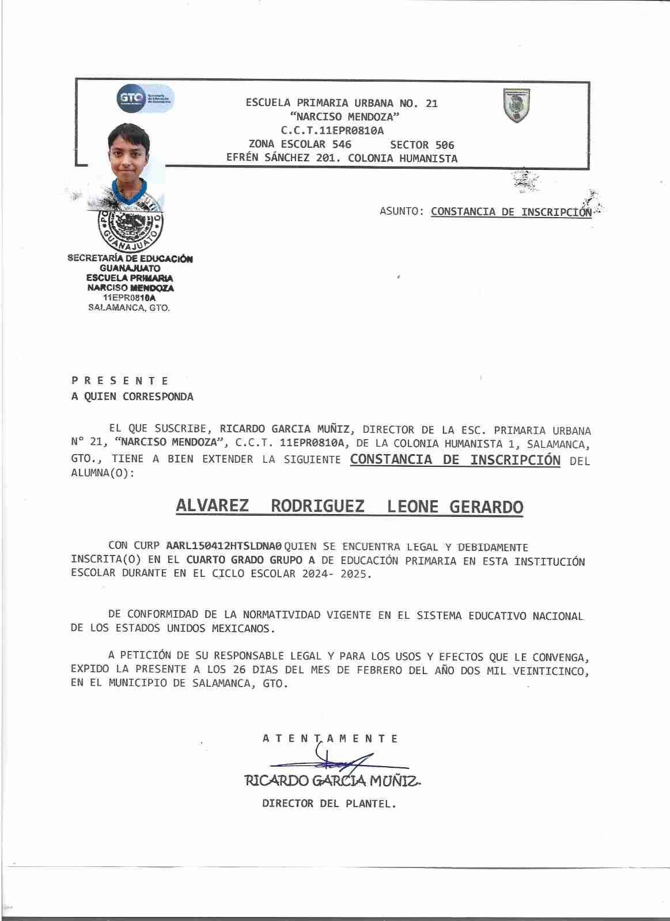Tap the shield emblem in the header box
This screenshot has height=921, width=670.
pos(517,105)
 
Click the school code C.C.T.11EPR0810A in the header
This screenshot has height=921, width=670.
pos(332,131)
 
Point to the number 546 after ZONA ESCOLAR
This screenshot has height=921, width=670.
pos(342,144)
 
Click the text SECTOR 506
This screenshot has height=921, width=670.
pos(422,145)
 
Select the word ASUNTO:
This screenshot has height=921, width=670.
pos(402,211)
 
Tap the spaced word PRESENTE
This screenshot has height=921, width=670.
pos(120,380)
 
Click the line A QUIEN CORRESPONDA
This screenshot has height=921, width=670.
pos(133,397)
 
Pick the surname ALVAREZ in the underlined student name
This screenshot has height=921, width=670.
pos(212,506)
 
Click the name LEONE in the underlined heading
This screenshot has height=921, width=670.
pos(412,507)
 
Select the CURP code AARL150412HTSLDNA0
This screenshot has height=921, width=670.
pos(224,546)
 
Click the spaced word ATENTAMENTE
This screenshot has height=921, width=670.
pos(330,739)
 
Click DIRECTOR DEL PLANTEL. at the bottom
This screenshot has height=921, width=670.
pos(329,804)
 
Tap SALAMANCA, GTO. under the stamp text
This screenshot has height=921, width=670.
pos(129,307)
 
